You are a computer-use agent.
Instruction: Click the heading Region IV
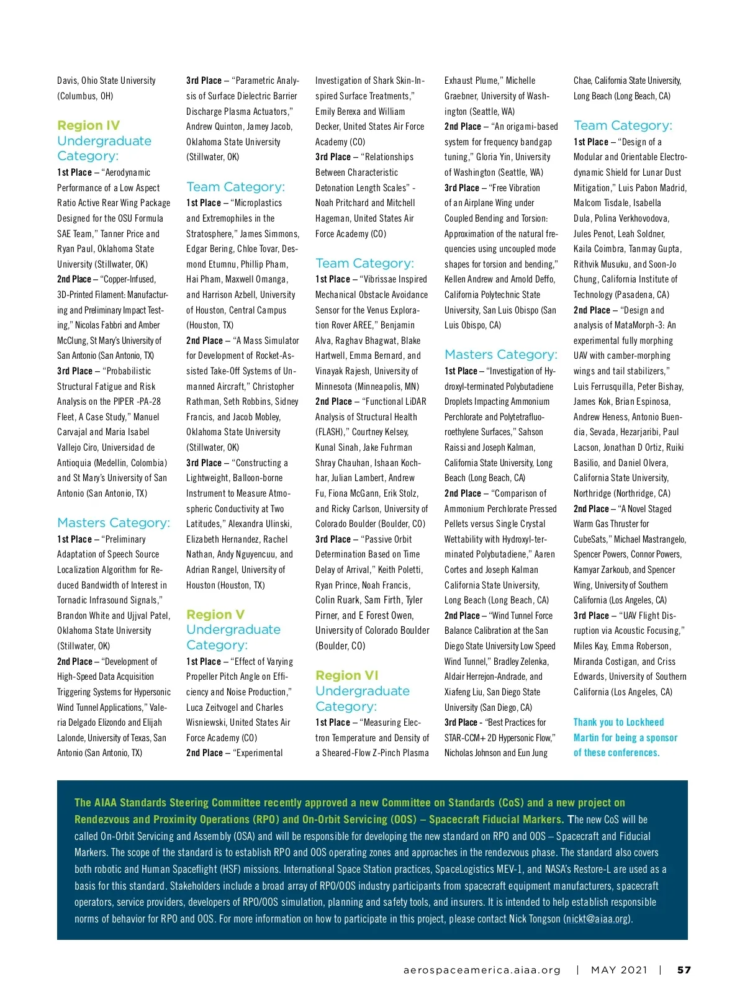pos(89,125)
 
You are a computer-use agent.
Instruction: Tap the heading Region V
pos(215,615)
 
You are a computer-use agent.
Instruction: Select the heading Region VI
pos(346,675)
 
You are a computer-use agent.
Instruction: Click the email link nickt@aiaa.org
pos(597,919)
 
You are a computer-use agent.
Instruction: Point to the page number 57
pos(684,970)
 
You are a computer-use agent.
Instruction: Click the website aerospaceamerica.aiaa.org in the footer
pos(482,970)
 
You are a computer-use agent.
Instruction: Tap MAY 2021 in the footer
pos(619,970)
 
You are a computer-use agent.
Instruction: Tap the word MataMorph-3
pos(639,325)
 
